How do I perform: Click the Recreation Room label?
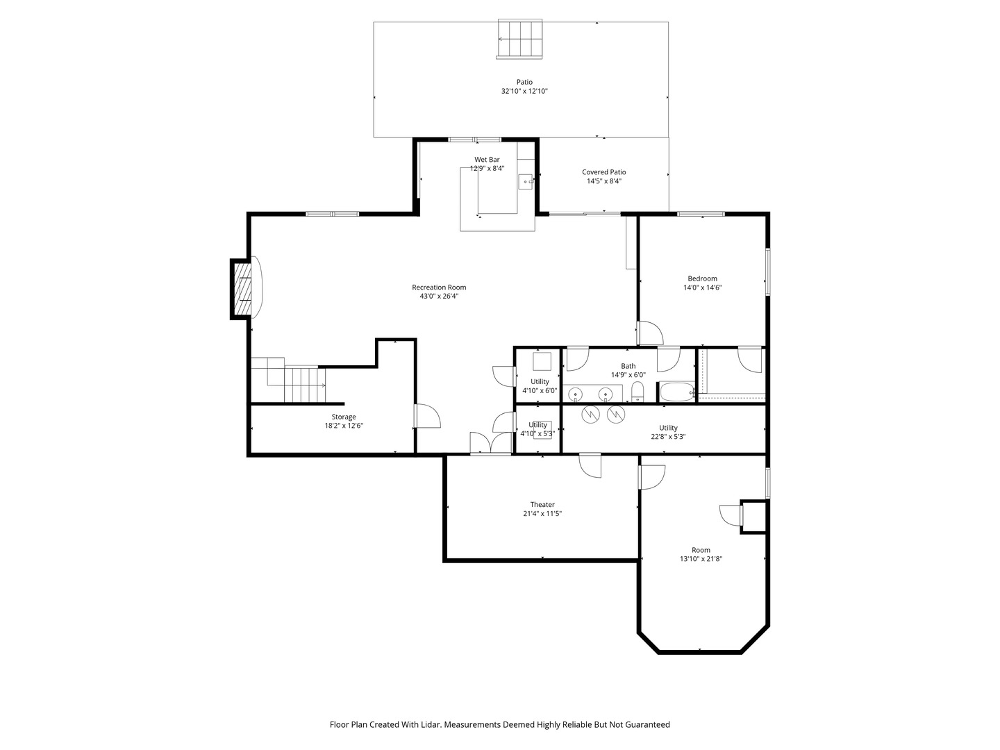(x=439, y=287)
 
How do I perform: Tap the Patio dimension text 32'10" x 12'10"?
(x=524, y=91)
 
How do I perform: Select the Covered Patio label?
(x=603, y=172)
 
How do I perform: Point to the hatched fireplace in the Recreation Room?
(x=242, y=289)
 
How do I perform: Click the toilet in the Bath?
(x=637, y=392)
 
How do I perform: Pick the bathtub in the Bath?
(x=677, y=392)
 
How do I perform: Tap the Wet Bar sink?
(x=526, y=182)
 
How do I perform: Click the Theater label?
(x=542, y=505)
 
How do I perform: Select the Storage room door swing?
(x=427, y=416)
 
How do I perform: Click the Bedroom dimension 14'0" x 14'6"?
(x=702, y=287)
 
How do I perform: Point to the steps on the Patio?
(x=520, y=39)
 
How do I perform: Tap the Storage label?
(x=344, y=417)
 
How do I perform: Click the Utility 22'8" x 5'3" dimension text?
(x=668, y=437)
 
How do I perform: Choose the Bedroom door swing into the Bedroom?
(x=650, y=333)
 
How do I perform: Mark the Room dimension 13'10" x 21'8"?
(x=701, y=559)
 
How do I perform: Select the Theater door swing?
(x=590, y=465)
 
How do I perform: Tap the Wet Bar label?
(x=487, y=160)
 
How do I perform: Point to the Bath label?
(x=628, y=366)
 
